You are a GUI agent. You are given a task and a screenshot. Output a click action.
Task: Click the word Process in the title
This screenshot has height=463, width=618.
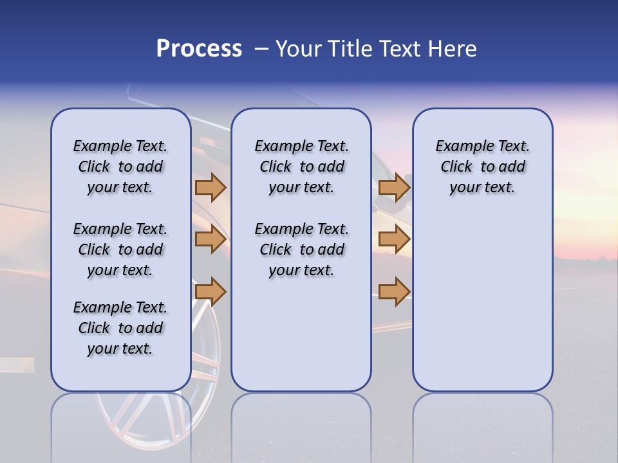pos(199,49)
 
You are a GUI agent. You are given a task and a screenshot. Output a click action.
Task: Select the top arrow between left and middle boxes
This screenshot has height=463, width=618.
pos(211,188)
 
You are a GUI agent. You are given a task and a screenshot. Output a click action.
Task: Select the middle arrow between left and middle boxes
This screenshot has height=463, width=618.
pos(211,240)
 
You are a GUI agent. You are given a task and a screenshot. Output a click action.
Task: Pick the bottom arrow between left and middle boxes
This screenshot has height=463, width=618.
pos(211,291)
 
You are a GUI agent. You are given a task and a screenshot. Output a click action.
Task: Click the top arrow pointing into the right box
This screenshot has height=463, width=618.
pos(394,188)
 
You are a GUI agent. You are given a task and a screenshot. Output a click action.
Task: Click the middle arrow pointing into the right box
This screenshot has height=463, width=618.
pos(394,240)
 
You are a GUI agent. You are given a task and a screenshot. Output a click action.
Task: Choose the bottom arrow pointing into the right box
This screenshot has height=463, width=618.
pos(394,291)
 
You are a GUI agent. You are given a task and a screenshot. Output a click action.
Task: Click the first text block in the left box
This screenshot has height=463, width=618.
pos(120,167)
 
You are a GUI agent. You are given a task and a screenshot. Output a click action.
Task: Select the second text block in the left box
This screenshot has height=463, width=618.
pos(120,250)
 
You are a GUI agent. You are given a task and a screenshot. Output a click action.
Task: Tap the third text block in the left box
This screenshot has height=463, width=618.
pos(120,328)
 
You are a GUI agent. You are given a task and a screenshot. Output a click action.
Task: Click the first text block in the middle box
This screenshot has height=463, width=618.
pos(301,167)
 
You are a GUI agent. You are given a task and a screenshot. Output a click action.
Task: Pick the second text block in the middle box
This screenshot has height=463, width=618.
pos(301,250)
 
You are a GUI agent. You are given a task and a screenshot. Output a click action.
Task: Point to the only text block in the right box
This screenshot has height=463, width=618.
pos(482,167)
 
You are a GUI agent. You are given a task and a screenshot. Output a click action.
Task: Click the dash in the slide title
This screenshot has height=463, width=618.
pos(261,49)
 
